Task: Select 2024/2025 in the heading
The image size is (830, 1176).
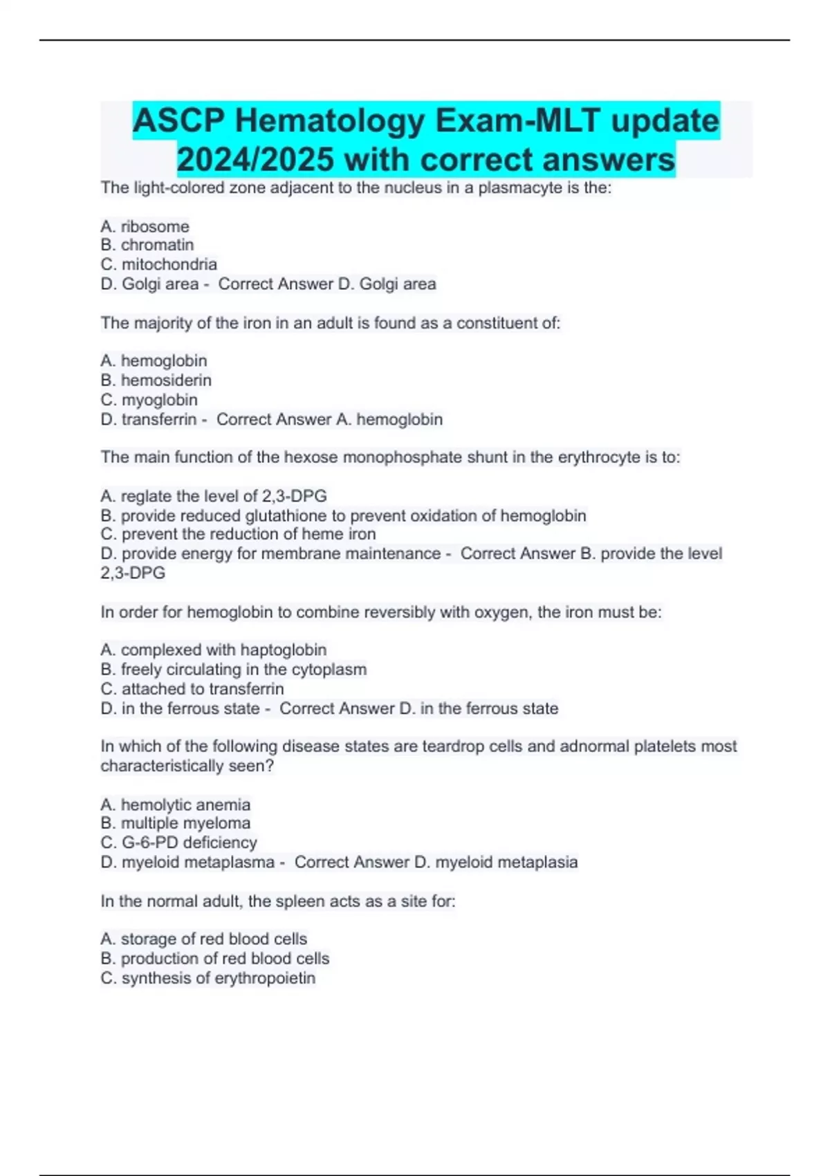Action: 255,160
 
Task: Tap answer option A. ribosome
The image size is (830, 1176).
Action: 145,226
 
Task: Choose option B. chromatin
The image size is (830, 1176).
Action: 147,245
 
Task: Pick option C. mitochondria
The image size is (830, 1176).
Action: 158,264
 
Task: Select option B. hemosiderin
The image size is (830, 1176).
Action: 156,380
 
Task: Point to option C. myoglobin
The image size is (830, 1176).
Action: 149,400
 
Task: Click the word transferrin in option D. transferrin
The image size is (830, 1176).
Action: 159,419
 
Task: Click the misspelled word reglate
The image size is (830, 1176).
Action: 147,496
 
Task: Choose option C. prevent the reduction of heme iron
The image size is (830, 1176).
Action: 238,534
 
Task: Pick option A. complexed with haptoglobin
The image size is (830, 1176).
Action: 213,650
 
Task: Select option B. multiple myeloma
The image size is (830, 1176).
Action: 175,823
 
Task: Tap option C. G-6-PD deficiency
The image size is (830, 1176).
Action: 178,843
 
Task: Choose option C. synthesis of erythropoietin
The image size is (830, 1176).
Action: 207,978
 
